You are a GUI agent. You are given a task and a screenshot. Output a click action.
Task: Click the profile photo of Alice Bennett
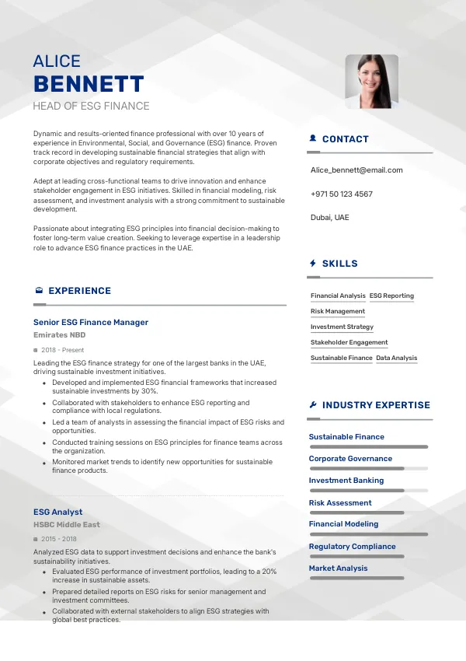click(x=371, y=81)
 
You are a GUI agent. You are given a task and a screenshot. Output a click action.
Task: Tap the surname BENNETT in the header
click(x=89, y=84)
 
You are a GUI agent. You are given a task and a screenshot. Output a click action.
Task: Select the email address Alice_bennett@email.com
click(x=356, y=170)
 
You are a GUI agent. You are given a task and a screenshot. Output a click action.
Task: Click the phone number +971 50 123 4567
click(x=341, y=194)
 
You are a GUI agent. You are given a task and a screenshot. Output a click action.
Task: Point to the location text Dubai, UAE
click(x=329, y=217)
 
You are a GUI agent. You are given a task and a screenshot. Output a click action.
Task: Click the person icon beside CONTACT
click(x=313, y=138)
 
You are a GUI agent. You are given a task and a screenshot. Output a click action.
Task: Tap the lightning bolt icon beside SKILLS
click(x=313, y=263)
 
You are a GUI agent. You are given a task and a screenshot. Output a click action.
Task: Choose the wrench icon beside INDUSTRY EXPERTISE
click(x=313, y=404)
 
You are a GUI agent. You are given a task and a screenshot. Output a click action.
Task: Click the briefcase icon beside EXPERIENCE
click(x=39, y=290)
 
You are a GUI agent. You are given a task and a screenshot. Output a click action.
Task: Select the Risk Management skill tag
click(x=338, y=311)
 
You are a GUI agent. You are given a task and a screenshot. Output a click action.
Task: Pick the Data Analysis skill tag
click(x=397, y=358)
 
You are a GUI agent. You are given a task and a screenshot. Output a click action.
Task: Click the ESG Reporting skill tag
click(x=391, y=296)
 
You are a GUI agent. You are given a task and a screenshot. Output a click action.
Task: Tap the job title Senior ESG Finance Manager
click(x=91, y=322)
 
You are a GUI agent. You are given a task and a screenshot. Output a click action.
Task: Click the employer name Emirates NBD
click(x=60, y=334)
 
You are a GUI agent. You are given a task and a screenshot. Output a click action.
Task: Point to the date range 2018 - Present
click(x=62, y=350)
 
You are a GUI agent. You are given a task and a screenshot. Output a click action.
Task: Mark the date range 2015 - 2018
click(x=59, y=539)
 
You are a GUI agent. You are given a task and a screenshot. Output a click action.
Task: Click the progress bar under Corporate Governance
click(x=368, y=469)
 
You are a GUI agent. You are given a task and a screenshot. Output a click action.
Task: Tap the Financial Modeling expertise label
click(x=344, y=524)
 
